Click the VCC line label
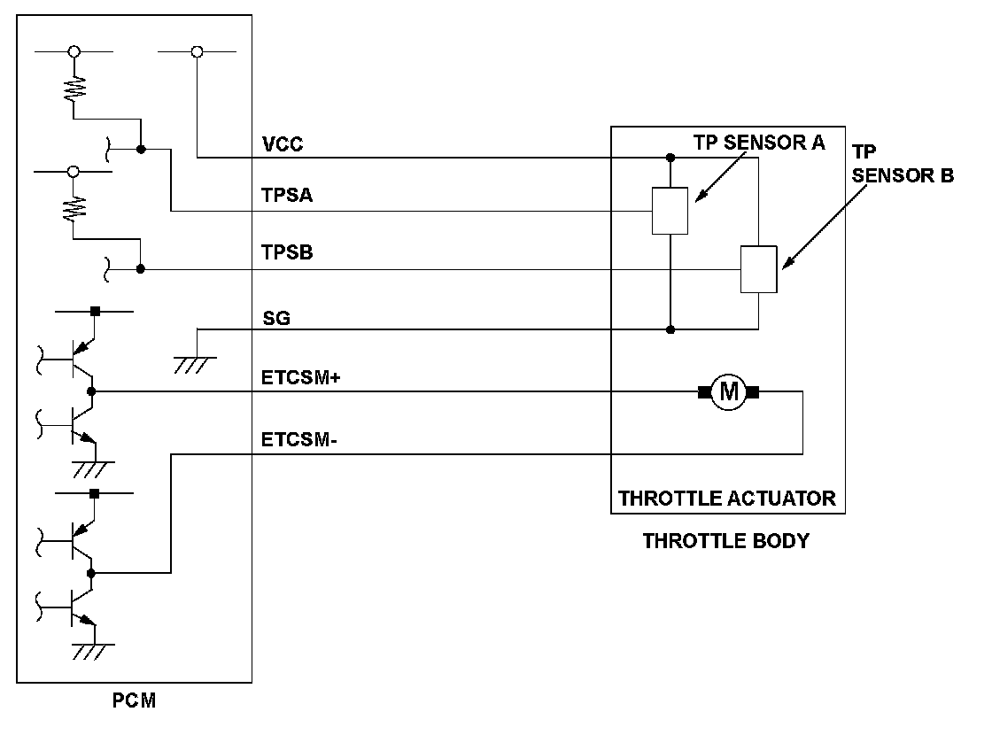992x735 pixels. point(283,144)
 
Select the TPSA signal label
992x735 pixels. point(287,197)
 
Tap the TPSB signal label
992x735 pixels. point(287,254)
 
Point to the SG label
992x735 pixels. point(276,317)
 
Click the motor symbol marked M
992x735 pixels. point(729,391)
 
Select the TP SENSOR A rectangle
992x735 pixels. point(670,211)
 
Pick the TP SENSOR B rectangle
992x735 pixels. point(758,269)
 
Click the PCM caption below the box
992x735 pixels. point(135,701)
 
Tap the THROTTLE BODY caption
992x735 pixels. point(725,540)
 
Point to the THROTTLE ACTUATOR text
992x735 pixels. point(726,498)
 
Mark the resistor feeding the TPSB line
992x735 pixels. point(74,210)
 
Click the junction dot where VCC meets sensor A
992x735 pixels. point(670,159)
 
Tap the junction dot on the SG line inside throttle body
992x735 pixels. point(670,329)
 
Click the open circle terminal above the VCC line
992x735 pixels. point(197,52)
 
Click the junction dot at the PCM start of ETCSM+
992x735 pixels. point(91,391)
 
